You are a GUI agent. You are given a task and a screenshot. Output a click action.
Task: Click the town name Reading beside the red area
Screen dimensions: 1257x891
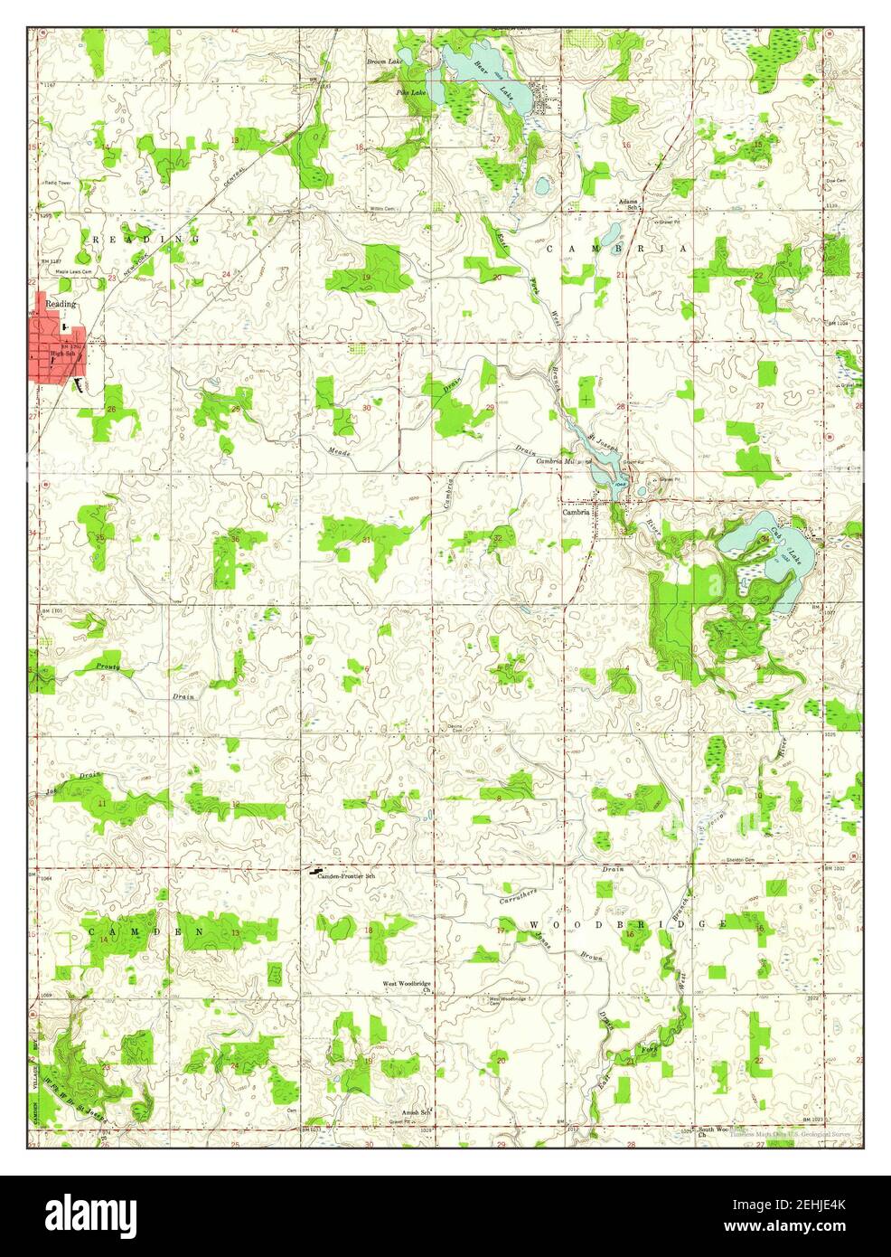point(61,304)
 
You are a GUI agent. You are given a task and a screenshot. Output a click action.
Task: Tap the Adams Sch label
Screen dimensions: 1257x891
point(628,203)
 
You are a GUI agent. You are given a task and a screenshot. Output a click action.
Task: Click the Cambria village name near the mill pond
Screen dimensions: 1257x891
point(576,511)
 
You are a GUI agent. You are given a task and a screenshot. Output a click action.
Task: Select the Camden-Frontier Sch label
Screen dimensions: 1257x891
point(350,875)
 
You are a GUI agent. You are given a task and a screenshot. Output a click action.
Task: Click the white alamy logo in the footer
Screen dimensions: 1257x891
point(89,1214)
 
